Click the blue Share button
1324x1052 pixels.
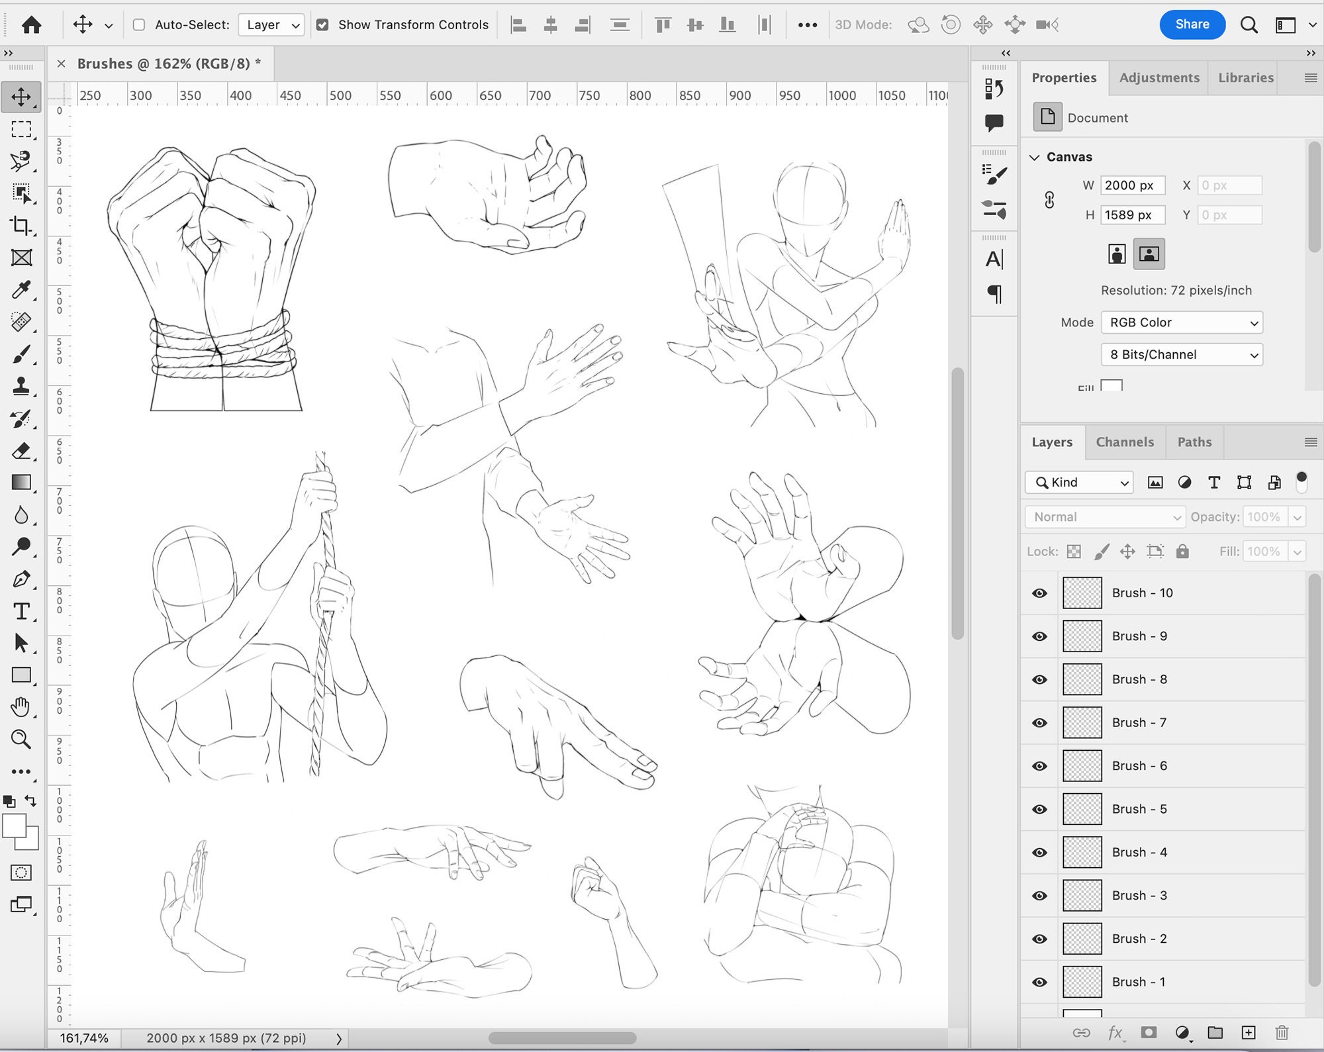pyautogui.click(x=1192, y=24)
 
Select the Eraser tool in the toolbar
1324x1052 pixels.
pyautogui.click(x=21, y=451)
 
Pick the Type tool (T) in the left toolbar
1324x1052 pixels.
pyautogui.click(x=21, y=611)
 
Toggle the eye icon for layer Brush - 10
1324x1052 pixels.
pyautogui.click(x=1039, y=593)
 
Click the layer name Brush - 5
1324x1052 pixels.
pyautogui.click(x=1139, y=809)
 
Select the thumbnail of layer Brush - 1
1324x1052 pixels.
pyautogui.click(x=1082, y=982)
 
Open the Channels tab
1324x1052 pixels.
pyautogui.click(x=1124, y=442)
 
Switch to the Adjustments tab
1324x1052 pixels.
pyautogui.click(x=1158, y=77)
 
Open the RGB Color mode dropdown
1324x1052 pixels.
pyautogui.click(x=1182, y=322)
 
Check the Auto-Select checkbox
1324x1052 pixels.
pyautogui.click(x=139, y=25)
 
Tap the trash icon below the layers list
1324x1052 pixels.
pyautogui.click(x=1282, y=1033)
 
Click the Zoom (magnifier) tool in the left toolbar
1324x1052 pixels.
pyautogui.click(x=21, y=740)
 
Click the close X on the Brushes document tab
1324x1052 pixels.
pyautogui.click(x=61, y=64)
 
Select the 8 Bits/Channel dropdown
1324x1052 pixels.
pyautogui.click(x=1182, y=355)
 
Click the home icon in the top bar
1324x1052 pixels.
pyautogui.click(x=31, y=25)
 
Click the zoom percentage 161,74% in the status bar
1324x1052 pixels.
pyautogui.click(x=84, y=1038)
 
